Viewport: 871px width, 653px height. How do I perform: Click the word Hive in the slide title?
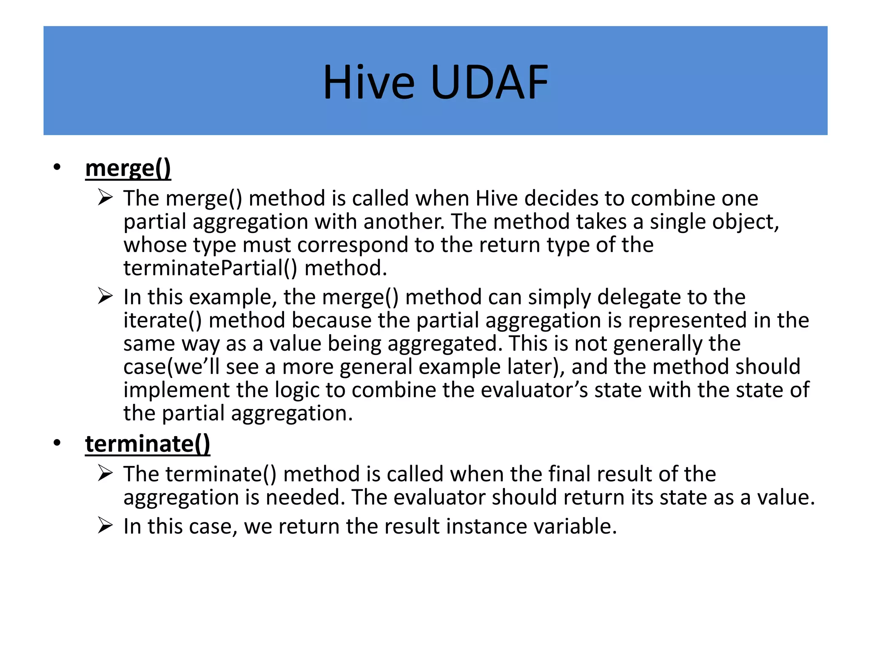tap(368, 82)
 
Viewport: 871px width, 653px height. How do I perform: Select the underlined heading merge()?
tap(128, 168)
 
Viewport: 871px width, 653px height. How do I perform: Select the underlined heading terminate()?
tap(148, 444)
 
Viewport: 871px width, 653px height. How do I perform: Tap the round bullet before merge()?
tap(57, 168)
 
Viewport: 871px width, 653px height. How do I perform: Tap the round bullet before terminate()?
tap(57, 443)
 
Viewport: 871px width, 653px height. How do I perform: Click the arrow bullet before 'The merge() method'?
tap(105, 198)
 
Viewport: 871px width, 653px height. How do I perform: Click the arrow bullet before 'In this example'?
tap(105, 296)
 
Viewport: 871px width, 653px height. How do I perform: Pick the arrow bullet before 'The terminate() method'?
tap(105, 473)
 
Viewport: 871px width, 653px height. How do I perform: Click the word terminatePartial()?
tap(210, 268)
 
